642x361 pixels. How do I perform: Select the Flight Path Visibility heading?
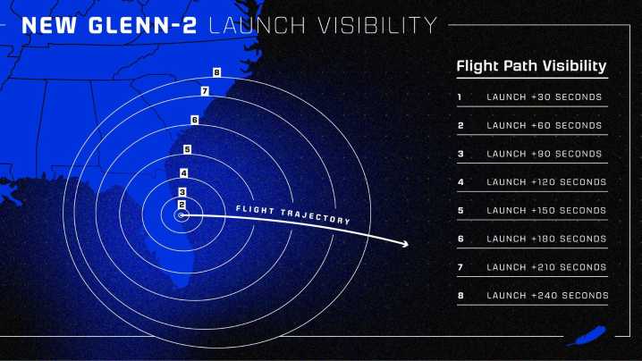pyautogui.click(x=531, y=66)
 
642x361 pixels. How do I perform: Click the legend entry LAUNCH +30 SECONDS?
pyautogui.click(x=544, y=97)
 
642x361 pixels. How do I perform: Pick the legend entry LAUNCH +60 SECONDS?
pyautogui.click(x=544, y=125)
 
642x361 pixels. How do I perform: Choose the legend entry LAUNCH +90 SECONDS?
pyautogui.click(x=544, y=154)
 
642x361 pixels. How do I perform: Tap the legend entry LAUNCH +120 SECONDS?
pyautogui.click(x=546, y=182)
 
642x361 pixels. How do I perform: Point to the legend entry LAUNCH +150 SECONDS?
pyautogui.click(x=546, y=211)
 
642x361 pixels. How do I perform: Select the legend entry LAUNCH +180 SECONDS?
pyautogui.click(x=546, y=239)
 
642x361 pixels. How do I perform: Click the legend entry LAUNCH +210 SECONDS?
pyautogui.click(x=546, y=267)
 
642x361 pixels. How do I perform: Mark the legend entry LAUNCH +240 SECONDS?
pyautogui.click(x=546, y=296)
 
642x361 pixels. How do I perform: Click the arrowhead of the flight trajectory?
pyautogui.click(x=405, y=243)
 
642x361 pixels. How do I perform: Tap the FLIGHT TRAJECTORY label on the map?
pyautogui.click(x=291, y=214)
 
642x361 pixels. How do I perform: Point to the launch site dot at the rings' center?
pyautogui.click(x=182, y=215)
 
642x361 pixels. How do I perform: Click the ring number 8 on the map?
pyautogui.click(x=216, y=71)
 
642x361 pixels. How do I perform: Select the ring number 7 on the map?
pyautogui.click(x=205, y=91)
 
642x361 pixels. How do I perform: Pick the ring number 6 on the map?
pyautogui.click(x=194, y=120)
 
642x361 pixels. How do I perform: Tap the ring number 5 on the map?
pyautogui.click(x=187, y=149)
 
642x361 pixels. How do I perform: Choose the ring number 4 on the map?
pyautogui.click(x=183, y=173)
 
